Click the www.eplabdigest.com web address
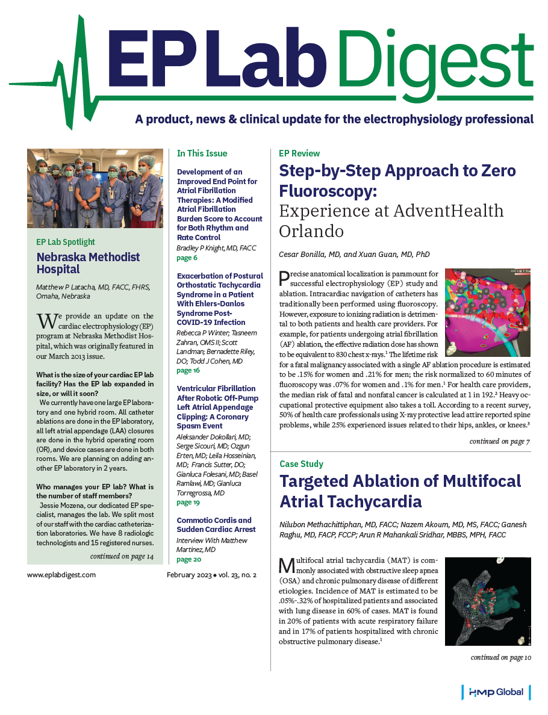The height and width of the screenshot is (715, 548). [61, 575]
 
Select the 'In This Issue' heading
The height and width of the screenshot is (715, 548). [202, 153]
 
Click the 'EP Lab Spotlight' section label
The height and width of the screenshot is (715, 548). [66, 242]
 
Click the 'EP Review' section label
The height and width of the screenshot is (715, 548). [299, 153]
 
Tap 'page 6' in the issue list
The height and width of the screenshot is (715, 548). [187, 258]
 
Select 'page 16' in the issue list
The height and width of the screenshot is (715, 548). [189, 371]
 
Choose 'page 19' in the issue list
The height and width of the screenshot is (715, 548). [189, 502]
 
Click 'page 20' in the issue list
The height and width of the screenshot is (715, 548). [189, 560]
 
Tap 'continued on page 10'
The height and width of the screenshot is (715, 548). [501, 657]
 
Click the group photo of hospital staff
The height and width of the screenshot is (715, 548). [95, 188]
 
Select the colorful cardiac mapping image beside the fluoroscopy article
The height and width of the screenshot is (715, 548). [488, 313]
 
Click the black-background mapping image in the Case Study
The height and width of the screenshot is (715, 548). [488, 601]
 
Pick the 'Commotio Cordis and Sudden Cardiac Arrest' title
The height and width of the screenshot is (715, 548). [216, 525]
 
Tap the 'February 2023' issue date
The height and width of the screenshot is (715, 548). [188, 575]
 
